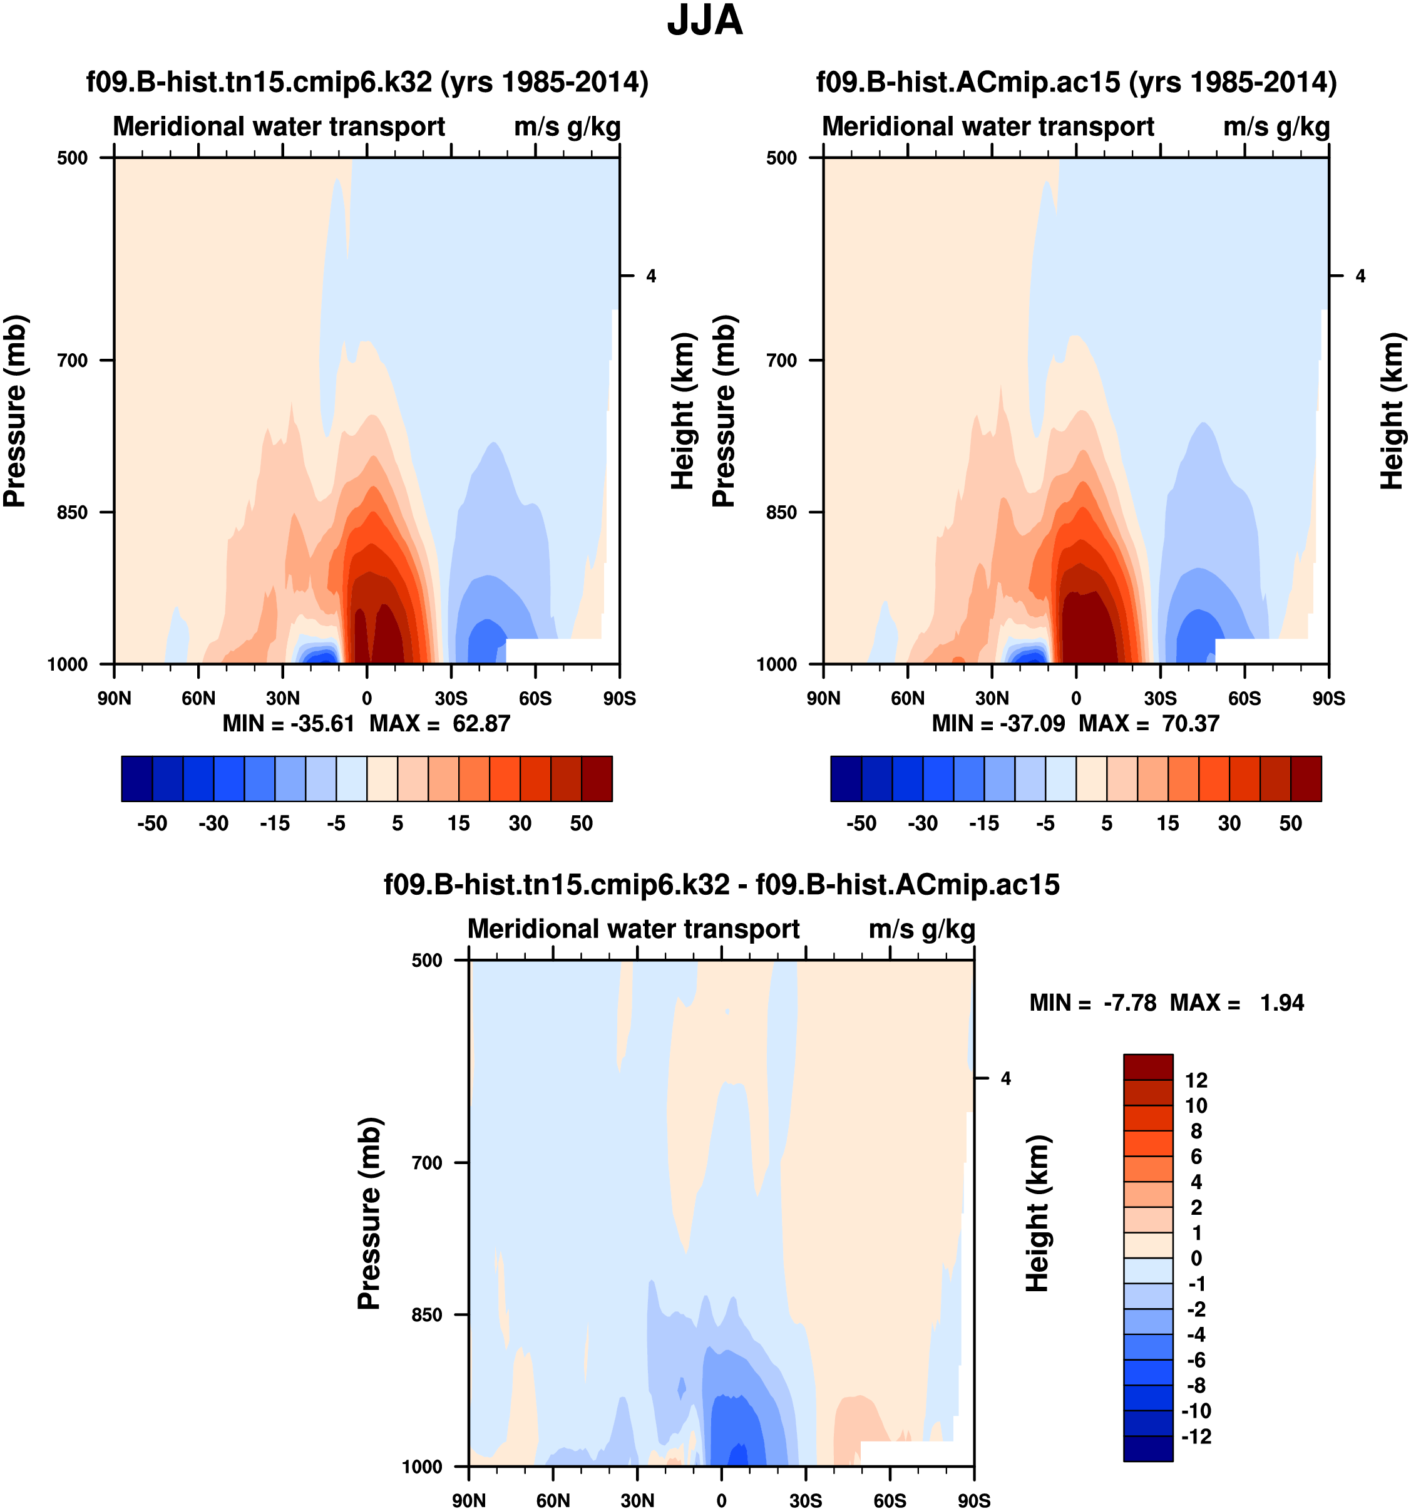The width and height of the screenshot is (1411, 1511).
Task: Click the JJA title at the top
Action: (x=704, y=21)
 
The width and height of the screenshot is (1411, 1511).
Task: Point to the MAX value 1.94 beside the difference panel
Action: (x=1282, y=1003)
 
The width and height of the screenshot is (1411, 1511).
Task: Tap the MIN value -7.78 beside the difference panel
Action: (x=1130, y=1003)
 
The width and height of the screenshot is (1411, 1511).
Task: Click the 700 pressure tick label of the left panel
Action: (x=73, y=360)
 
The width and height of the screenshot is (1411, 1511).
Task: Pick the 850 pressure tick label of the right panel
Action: (x=782, y=512)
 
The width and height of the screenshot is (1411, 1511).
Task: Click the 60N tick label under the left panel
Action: (x=198, y=698)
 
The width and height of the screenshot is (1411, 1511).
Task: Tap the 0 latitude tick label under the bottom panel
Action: (x=721, y=1501)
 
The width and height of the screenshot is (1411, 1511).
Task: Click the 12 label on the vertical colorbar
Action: (x=1196, y=1080)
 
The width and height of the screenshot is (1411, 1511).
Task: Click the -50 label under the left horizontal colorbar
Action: (x=152, y=823)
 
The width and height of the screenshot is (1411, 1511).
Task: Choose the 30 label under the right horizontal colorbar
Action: (x=1229, y=823)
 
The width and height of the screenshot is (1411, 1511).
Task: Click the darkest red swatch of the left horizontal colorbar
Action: (x=597, y=778)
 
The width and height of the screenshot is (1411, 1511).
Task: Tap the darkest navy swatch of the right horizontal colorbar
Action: (x=846, y=778)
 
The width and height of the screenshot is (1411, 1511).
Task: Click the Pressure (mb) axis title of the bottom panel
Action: (x=369, y=1213)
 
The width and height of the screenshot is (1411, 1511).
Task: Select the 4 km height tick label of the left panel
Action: (x=651, y=276)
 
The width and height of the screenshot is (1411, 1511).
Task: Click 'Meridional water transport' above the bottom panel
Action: (x=633, y=929)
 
